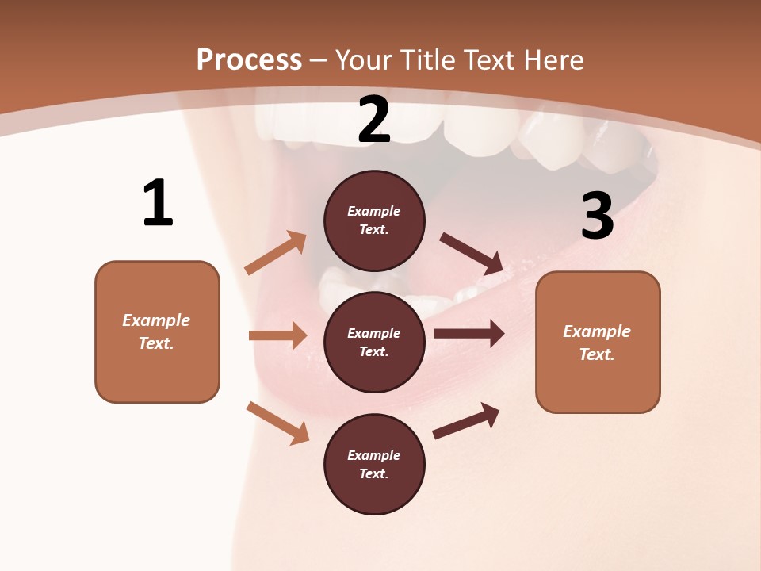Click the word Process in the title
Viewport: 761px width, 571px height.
pos(249,60)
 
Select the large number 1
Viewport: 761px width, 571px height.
pos(158,204)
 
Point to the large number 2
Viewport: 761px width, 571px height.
pos(374,121)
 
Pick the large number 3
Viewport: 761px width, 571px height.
pos(597,217)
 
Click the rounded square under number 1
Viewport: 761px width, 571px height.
pos(157,331)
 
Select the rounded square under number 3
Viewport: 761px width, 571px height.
pos(598,343)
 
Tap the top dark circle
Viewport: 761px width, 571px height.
pos(374,220)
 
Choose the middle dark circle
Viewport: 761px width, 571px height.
pos(374,342)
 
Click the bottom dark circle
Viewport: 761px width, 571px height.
pos(374,464)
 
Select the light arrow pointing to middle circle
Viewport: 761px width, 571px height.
pos(277,335)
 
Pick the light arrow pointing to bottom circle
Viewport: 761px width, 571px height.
pos(277,422)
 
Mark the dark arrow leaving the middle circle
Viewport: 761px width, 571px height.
pos(469,333)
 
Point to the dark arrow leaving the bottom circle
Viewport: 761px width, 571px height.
pos(466,420)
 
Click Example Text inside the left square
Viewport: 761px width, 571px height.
pos(156,331)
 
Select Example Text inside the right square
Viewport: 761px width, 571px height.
pos(597,343)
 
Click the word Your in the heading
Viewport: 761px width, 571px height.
pos(364,60)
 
